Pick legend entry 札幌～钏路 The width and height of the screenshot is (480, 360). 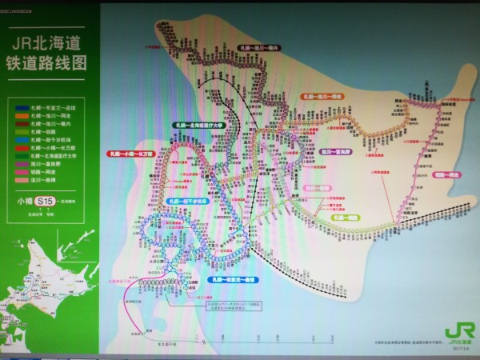(x=40, y=131)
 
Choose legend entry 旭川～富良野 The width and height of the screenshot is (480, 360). (x=44, y=163)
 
